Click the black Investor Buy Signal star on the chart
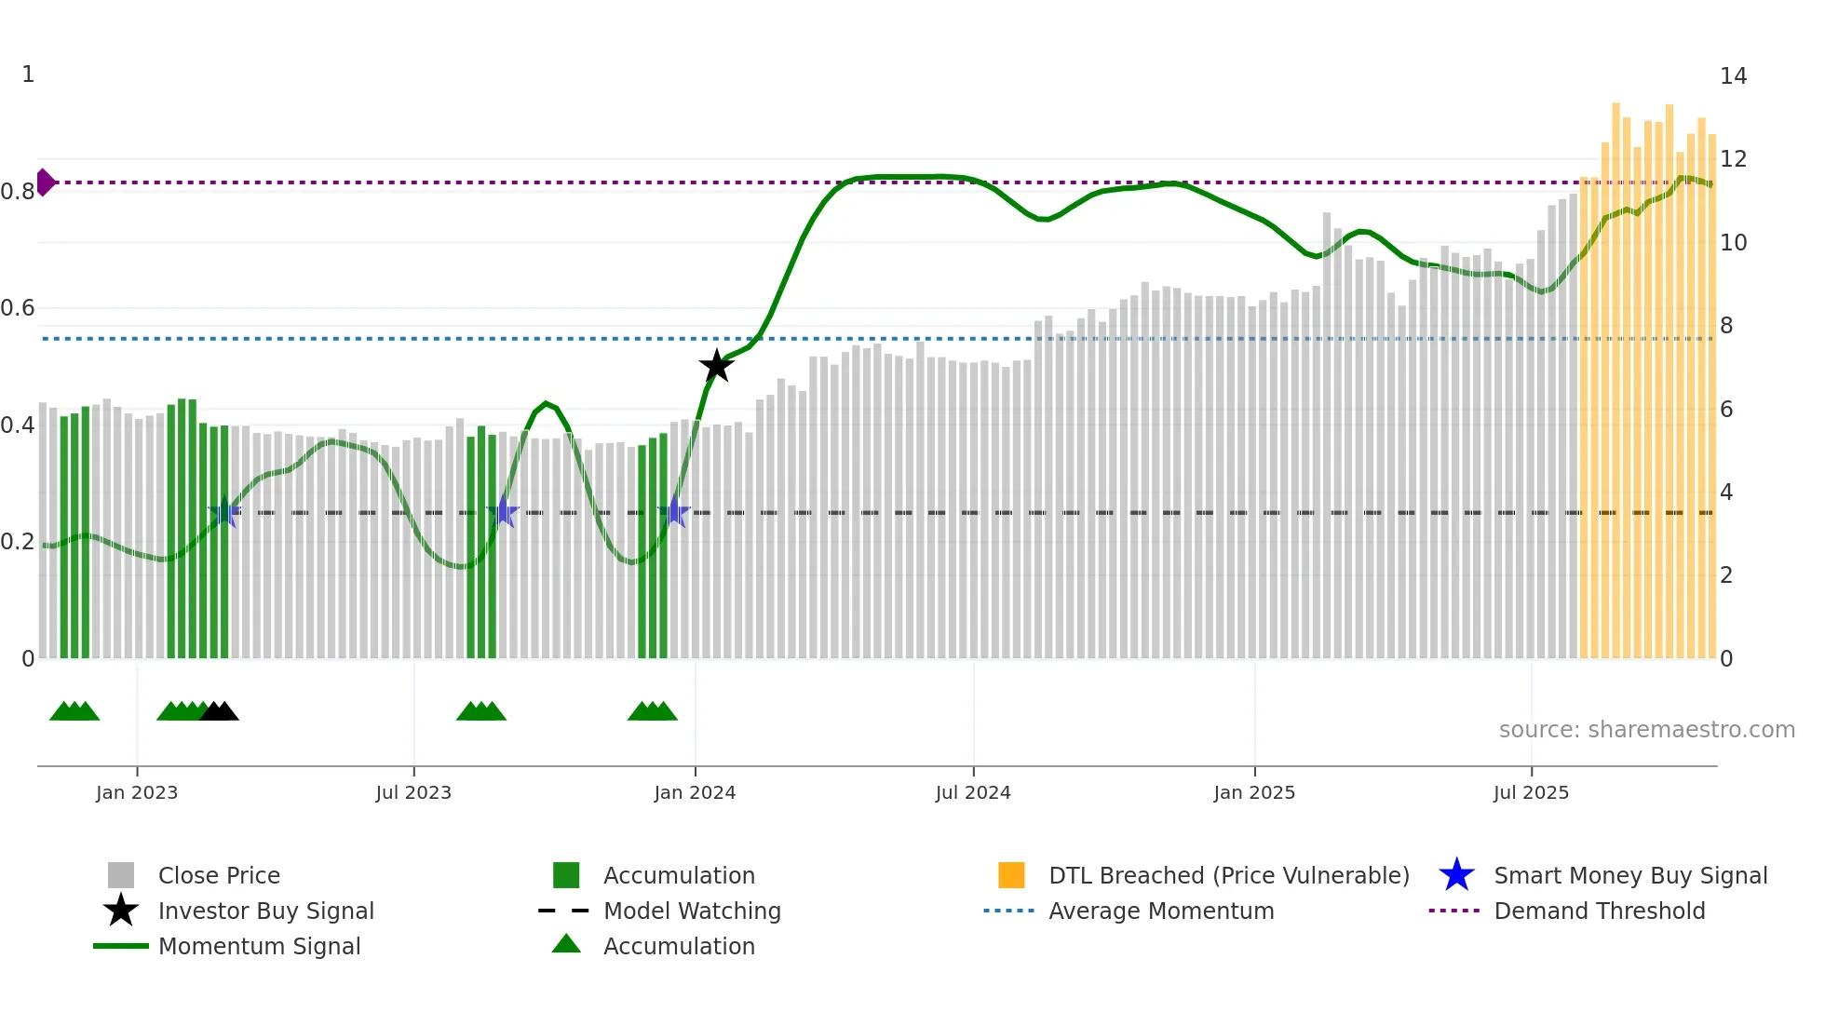716,366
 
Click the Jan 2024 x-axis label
695,792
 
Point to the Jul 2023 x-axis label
413,792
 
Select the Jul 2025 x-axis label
1531,792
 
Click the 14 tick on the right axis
1733,76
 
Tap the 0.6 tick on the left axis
18,308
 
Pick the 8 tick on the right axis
1726,326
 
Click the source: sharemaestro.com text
1646,730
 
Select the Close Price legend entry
219,875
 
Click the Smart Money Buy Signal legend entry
1630,875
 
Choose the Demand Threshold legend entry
1599,911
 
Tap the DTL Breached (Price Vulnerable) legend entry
1228,875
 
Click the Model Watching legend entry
692,911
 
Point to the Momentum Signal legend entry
259,946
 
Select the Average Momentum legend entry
1161,911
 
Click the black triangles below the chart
220,711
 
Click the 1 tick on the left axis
28,74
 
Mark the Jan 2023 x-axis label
137,792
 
